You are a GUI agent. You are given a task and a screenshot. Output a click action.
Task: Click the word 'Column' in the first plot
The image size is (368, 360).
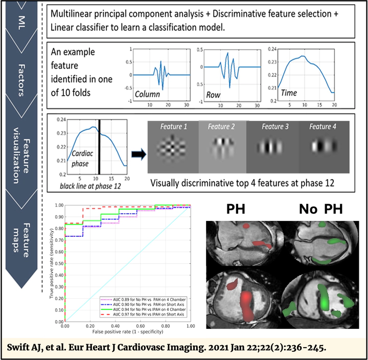(147, 95)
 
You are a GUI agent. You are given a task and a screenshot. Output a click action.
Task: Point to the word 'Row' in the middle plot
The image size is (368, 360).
(213, 95)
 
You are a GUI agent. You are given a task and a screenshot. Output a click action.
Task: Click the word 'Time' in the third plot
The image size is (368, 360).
(289, 93)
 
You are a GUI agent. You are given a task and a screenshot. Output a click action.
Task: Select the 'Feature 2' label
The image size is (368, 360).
(221, 126)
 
